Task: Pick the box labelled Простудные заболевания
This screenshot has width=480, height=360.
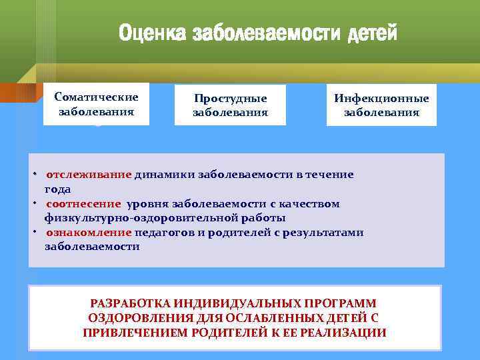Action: click(x=230, y=105)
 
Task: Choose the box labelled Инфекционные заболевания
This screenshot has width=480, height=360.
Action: click(x=381, y=105)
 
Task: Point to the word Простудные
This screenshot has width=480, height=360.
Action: click(x=230, y=98)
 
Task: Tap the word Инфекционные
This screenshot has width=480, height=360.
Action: click(x=381, y=98)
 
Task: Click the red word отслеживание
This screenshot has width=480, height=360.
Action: click(x=89, y=175)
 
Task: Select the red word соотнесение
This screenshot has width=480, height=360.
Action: click(x=83, y=203)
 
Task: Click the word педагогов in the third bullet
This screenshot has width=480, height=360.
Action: click(x=168, y=232)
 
